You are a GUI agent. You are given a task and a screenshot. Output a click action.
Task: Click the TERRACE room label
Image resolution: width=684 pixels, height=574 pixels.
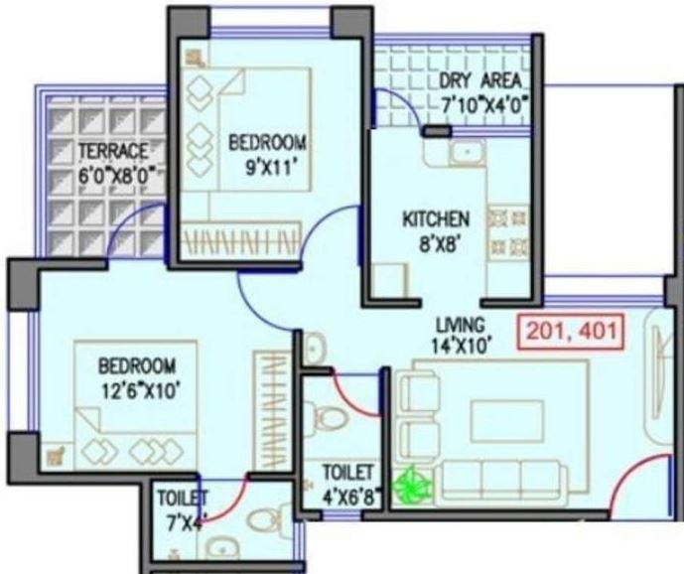(114, 151)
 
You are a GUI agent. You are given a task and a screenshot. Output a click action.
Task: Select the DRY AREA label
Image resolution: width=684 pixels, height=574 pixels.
(479, 80)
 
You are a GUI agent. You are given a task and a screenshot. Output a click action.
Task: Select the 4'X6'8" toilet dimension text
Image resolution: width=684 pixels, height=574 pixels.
(347, 495)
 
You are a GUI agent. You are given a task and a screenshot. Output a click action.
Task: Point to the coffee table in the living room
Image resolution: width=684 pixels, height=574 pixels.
(506, 419)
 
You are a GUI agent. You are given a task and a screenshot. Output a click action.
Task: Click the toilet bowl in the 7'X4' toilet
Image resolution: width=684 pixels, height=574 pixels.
(260, 519)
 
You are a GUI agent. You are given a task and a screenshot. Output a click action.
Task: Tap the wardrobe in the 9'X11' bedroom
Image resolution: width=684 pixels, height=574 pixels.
(241, 239)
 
